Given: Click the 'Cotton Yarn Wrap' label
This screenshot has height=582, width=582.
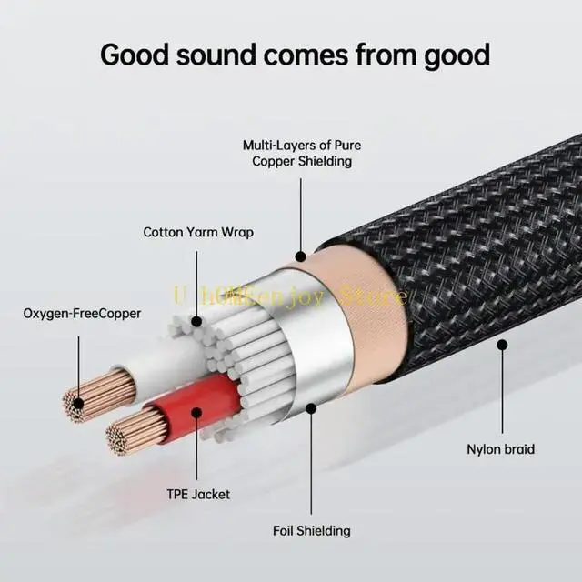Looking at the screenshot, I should [x=198, y=232].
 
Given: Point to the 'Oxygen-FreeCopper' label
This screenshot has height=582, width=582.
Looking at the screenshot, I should [x=82, y=314].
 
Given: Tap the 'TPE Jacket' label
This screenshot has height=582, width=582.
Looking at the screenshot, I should [x=198, y=495].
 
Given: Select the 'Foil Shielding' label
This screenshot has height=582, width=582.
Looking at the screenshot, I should [x=312, y=530].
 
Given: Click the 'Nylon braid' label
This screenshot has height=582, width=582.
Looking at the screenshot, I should [x=500, y=448].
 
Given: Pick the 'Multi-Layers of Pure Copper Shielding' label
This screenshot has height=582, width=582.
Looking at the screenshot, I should [x=296, y=153].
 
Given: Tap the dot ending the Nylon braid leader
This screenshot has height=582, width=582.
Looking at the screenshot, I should [x=501, y=346].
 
